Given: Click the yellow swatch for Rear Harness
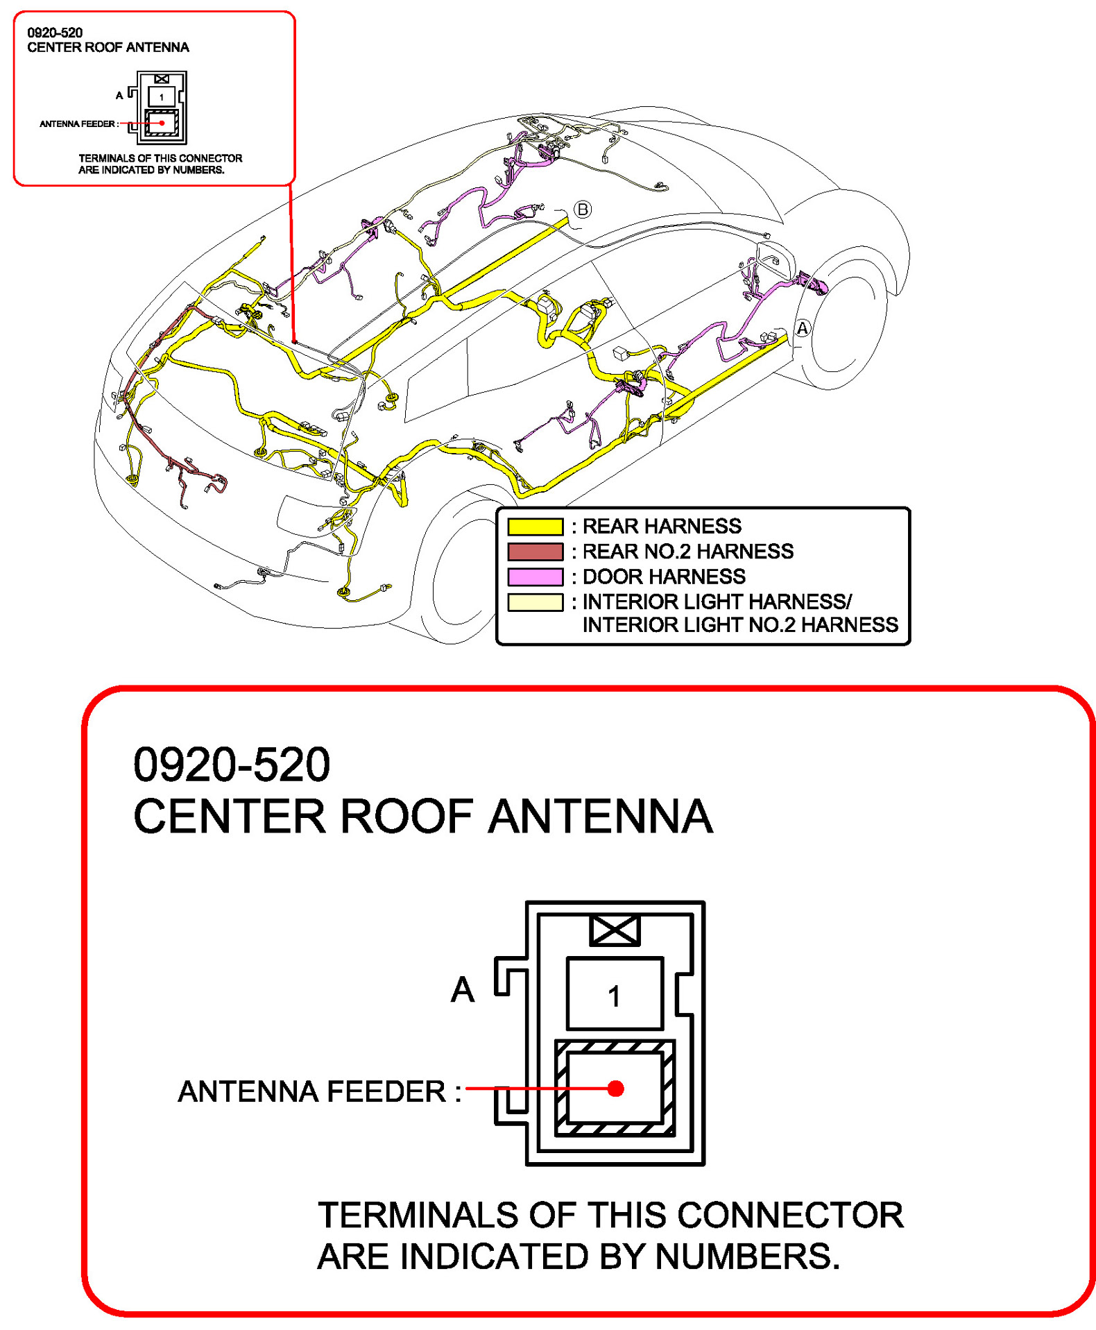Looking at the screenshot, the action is (x=534, y=526).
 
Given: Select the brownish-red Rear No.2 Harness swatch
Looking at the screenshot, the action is (x=534, y=552).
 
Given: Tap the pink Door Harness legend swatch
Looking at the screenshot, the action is (x=534, y=577).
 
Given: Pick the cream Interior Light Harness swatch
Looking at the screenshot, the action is (x=534, y=602).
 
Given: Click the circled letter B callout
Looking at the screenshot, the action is (x=583, y=209).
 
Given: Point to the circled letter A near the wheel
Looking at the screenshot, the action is (x=802, y=328).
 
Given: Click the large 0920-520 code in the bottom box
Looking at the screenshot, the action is (x=231, y=765).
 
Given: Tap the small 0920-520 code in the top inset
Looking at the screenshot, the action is (x=55, y=33).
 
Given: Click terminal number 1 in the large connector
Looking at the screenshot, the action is (x=614, y=996).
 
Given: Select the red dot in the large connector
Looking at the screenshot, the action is (x=615, y=1089).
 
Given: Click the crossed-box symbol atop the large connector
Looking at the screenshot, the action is (x=614, y=930).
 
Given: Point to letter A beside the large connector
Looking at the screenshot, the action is (x=463, y=989).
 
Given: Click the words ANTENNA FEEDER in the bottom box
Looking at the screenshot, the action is (x=312, y=1091).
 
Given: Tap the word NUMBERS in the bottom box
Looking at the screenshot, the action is (x=746, y=1256).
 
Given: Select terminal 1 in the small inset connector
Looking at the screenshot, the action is (x=162, y=97).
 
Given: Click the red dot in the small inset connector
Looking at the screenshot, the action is (x=162, y=123).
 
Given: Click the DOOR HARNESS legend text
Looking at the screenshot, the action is (x=663, y=577).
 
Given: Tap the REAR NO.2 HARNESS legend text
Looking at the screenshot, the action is (x=687, y=552).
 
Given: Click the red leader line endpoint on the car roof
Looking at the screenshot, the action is (x=294, y=341).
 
